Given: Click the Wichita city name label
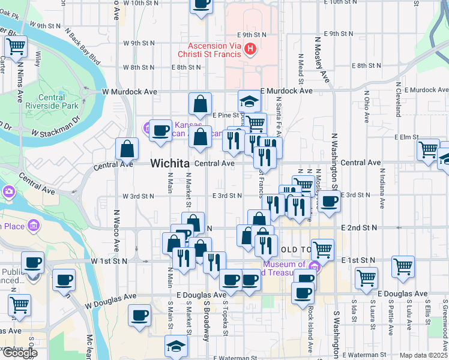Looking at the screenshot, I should (170, 163).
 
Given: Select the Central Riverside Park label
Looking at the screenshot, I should (59, 101).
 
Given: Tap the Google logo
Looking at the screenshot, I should (19, 353).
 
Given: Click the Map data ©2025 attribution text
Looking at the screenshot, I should (423, 355).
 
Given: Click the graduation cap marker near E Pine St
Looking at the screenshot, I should (249, 100).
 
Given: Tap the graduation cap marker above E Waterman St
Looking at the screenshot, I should (175, 345).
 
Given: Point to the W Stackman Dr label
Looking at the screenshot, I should (55, 133).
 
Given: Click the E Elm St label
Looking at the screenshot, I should (407, 137).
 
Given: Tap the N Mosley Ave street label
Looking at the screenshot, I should (322, 59).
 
